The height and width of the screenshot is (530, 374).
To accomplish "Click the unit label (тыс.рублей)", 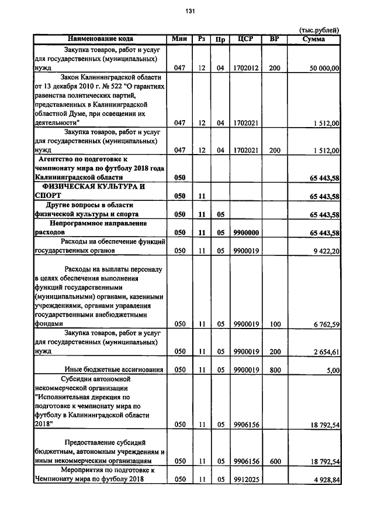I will (318, 30).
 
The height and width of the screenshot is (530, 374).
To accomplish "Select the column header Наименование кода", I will (100, 39).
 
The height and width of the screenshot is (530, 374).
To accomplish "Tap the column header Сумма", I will (314, 39).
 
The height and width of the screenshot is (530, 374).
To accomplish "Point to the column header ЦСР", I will (245, 39).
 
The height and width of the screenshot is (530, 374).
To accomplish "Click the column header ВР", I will (275, 39).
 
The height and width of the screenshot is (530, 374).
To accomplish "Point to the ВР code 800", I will (275, 370).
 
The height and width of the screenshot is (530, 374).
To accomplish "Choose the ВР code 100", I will (275, 323).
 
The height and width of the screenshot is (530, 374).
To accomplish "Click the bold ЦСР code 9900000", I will (246, 232).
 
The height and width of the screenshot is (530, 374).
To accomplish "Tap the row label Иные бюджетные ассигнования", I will (112, 370).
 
